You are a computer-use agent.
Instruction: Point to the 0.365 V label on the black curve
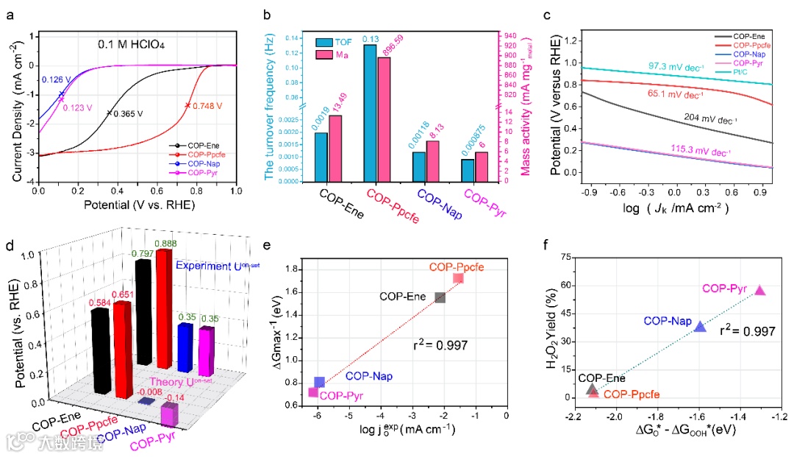(x=129, y=113)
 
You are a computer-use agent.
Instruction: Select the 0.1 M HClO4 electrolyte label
(x=132, y=45)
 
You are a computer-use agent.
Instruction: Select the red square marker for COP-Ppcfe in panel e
(x=458, y=278)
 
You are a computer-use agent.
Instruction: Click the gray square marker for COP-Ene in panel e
(x=440, y=297)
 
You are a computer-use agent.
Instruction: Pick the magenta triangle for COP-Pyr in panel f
(x=760, y=291)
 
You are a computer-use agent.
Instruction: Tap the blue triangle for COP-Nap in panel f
(x=701, y=327)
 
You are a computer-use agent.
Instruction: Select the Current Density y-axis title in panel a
(x=17, y=110)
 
